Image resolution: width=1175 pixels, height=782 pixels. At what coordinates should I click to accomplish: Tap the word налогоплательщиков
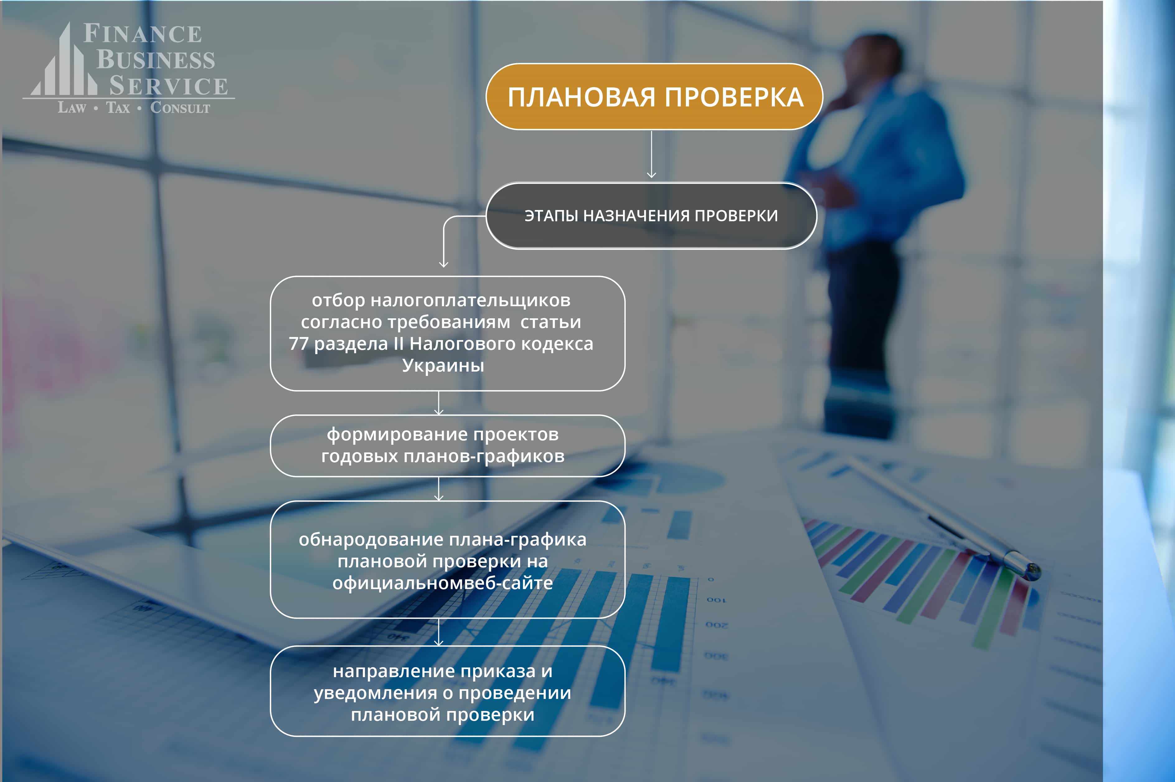(470, 301)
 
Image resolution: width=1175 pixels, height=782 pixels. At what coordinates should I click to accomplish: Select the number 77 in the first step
(298, 344)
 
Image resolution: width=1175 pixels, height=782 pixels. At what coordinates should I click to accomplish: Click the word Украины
(443, 366)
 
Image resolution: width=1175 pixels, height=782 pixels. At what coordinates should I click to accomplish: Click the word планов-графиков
(484, 456)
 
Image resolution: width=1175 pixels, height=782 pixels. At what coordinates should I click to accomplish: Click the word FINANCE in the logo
(143, 34)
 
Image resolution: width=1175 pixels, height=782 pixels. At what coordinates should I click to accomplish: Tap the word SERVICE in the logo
(169, 86)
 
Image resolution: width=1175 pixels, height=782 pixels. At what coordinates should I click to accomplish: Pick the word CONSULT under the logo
(180, 108)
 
